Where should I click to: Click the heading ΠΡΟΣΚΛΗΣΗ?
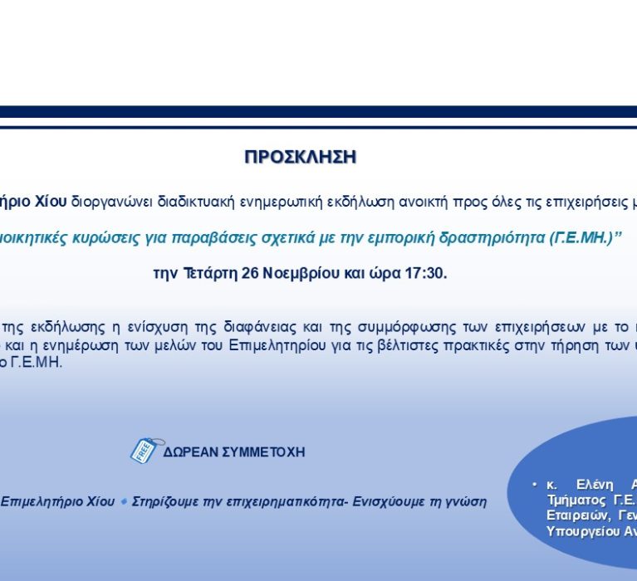click(x=301, y=157)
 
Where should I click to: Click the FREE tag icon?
click(x=142, y=450)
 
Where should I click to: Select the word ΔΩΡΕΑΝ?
click(x=189, y=452)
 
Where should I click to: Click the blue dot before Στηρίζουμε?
click(x=124, y=501)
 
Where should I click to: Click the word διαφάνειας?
click(x=242, y=324)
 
